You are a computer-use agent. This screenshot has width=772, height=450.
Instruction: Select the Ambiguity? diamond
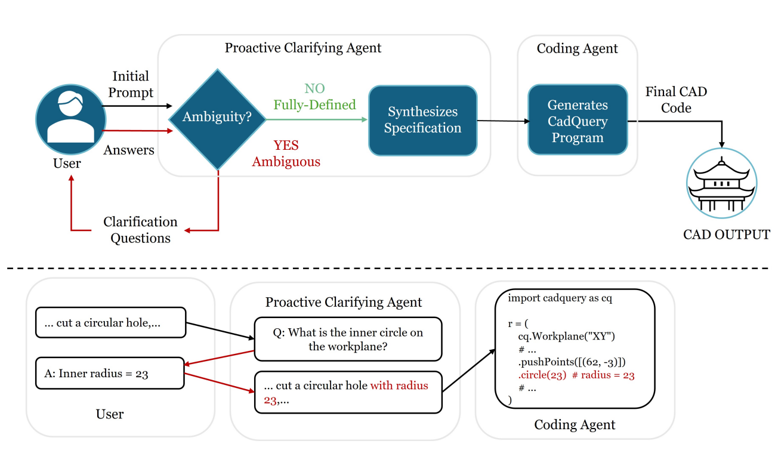217,118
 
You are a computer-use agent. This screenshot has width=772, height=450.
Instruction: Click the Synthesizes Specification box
422,121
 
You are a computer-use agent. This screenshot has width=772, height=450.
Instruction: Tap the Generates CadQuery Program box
577,121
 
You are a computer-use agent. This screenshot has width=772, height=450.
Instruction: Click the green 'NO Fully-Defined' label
314,97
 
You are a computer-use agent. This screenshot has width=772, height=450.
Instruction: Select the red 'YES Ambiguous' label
286,153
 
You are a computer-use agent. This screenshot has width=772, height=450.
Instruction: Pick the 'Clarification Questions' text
140,230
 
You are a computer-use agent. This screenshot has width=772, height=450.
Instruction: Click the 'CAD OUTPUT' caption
726,235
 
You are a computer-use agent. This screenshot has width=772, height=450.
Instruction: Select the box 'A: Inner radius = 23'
110,374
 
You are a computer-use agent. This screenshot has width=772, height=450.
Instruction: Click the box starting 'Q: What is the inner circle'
348,340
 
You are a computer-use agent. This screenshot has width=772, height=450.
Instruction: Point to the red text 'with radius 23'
399,386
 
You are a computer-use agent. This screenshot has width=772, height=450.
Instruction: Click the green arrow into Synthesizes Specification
317,119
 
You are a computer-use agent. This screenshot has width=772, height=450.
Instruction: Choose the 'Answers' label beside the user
129,150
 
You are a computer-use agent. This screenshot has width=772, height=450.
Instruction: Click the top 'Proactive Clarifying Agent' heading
303,48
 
